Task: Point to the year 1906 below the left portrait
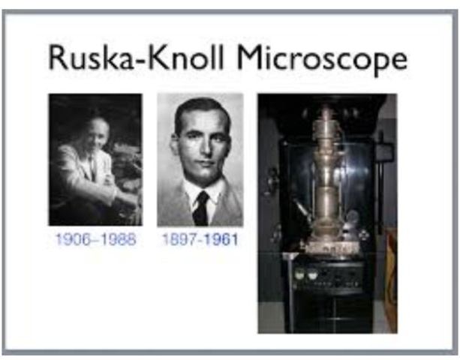coord(71,240)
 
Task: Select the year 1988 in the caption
coord(119,240)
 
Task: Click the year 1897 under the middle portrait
coord(177,240)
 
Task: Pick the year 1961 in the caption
coord(222,240)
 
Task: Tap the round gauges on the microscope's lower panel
coord(303,274)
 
